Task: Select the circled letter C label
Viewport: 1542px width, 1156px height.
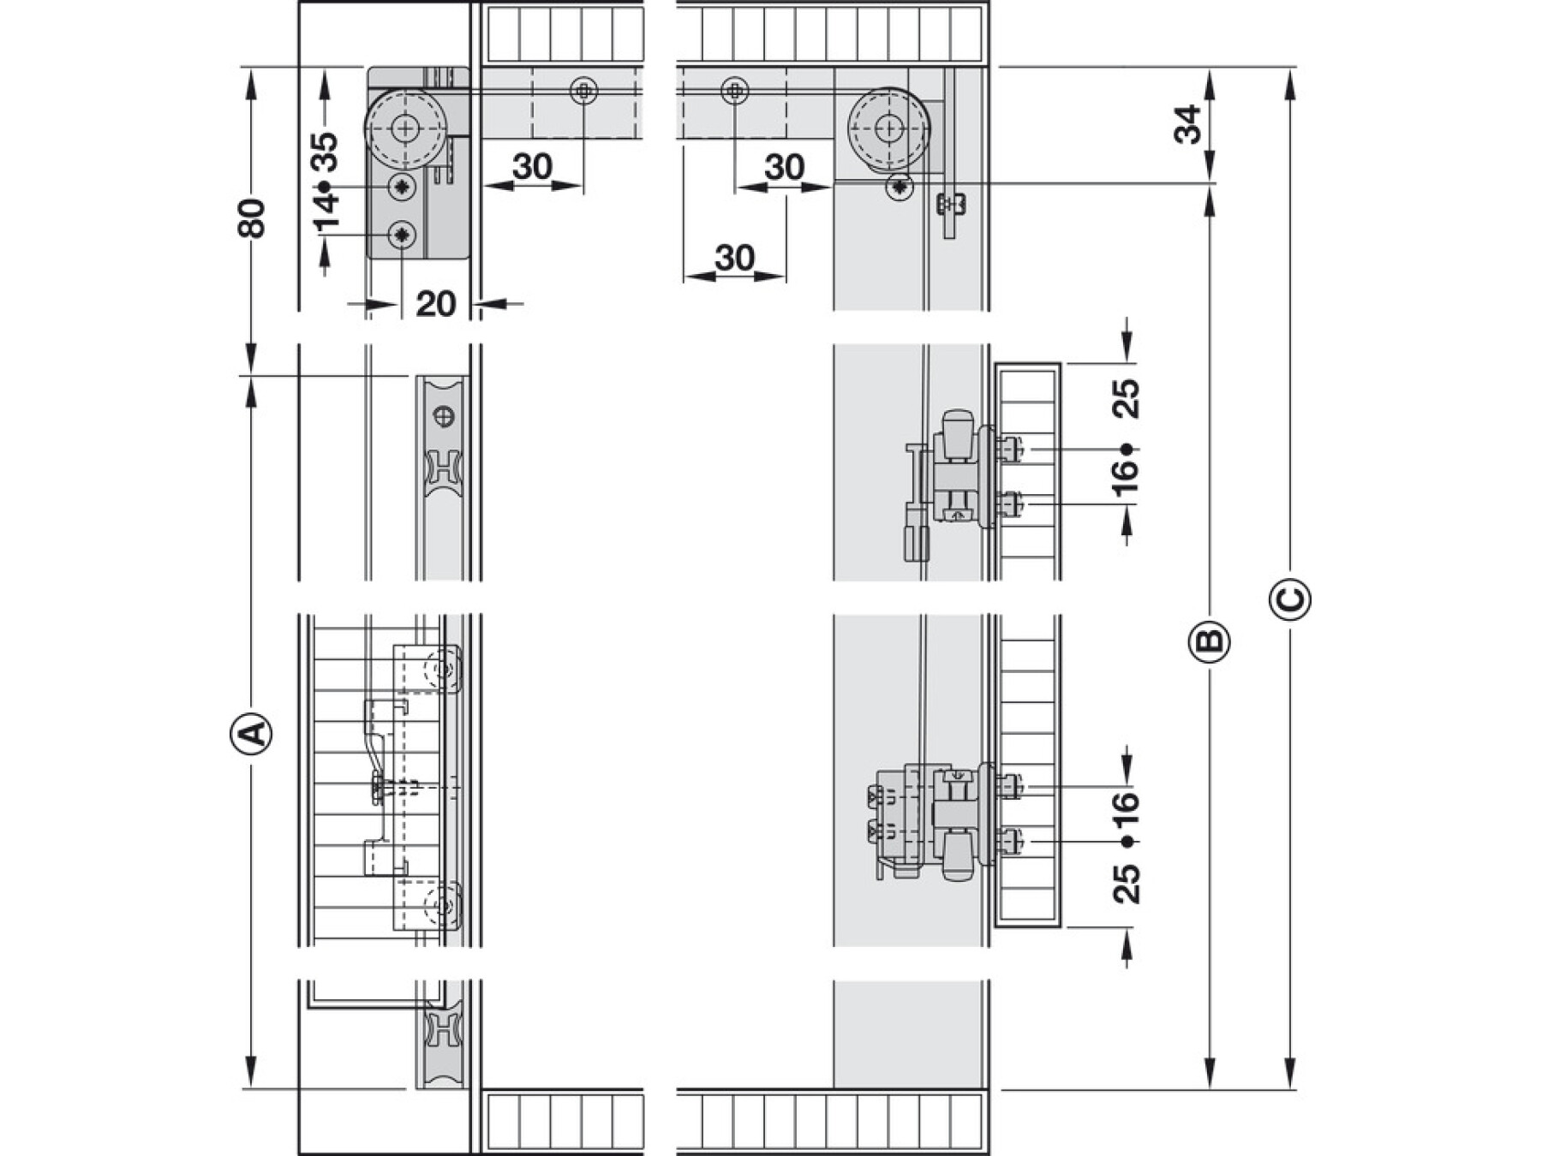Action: (1289, 599)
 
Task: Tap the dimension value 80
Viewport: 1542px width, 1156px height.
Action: (253, 217)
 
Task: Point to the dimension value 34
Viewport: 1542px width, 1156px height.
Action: (1189, 124)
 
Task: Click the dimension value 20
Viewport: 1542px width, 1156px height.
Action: (435, 304)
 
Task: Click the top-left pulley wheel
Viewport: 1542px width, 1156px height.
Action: (405, 129)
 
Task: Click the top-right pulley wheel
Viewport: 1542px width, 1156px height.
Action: (889, 129)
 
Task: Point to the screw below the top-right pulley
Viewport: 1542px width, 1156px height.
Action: (899, 187)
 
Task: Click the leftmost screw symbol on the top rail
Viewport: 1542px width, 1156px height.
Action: (583, 91)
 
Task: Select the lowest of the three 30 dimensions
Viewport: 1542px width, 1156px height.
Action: (734, 257)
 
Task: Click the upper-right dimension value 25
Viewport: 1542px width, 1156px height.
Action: (1127, 397)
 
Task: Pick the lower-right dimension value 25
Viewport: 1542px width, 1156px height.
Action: (1127, 884)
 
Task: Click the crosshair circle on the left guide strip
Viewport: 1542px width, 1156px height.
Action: (444, 417)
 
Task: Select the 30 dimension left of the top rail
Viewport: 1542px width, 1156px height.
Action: (532, 167)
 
